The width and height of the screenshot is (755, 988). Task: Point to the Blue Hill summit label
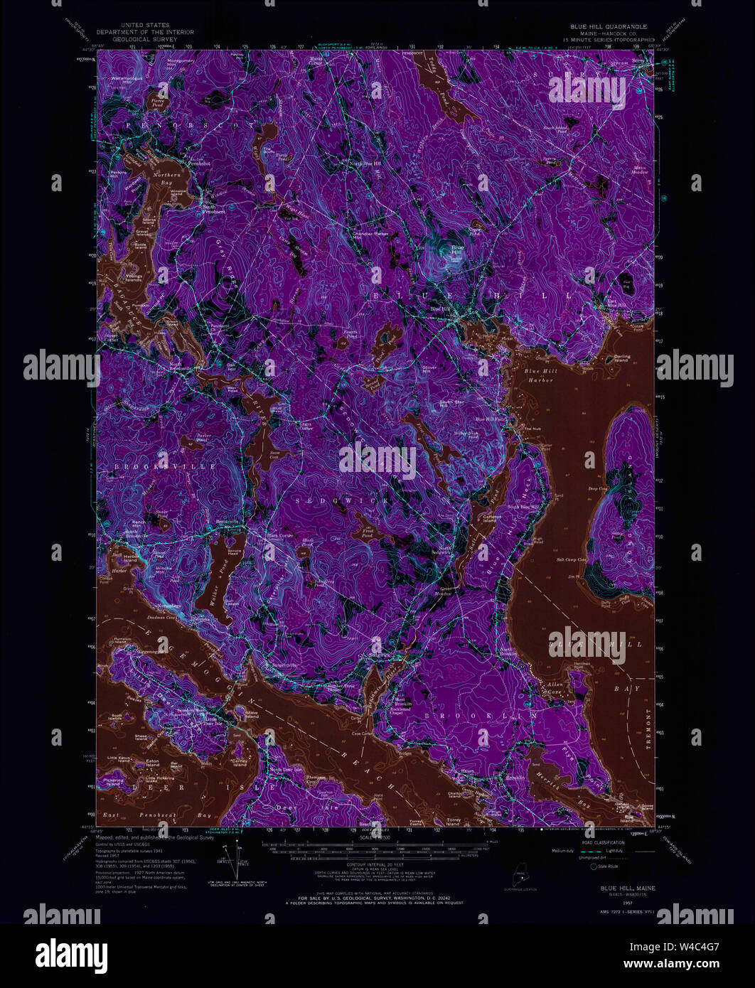click(456, 248)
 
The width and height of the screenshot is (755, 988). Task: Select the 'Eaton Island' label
click(152, 762)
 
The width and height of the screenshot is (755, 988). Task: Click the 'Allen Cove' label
click(555, 687)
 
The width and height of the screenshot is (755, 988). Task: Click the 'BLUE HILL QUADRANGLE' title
click(608, 26)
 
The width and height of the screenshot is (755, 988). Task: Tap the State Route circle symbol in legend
click(593, 866)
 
